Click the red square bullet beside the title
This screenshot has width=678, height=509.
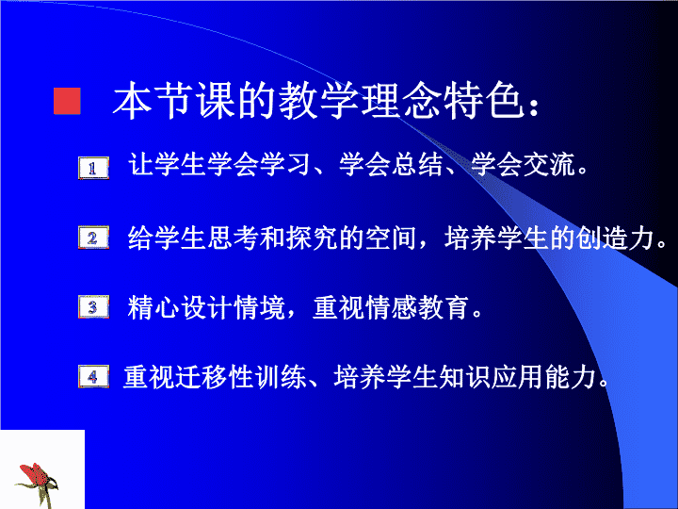coord(67,101)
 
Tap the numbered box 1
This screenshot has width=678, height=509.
coord(93,168)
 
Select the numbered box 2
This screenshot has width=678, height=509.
coord(93,238)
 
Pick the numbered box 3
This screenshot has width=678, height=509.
coord(93,307)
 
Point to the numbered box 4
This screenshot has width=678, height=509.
coord(93,376)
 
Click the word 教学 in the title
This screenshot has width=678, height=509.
coord(318,101)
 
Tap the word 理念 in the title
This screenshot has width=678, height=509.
coord(402,101)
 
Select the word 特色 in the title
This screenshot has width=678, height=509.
coord(484,101)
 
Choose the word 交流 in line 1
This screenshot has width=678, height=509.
coord(550,164)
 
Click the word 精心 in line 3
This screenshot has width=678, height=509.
coord(153,307)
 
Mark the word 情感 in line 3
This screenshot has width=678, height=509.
coord(392,307)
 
